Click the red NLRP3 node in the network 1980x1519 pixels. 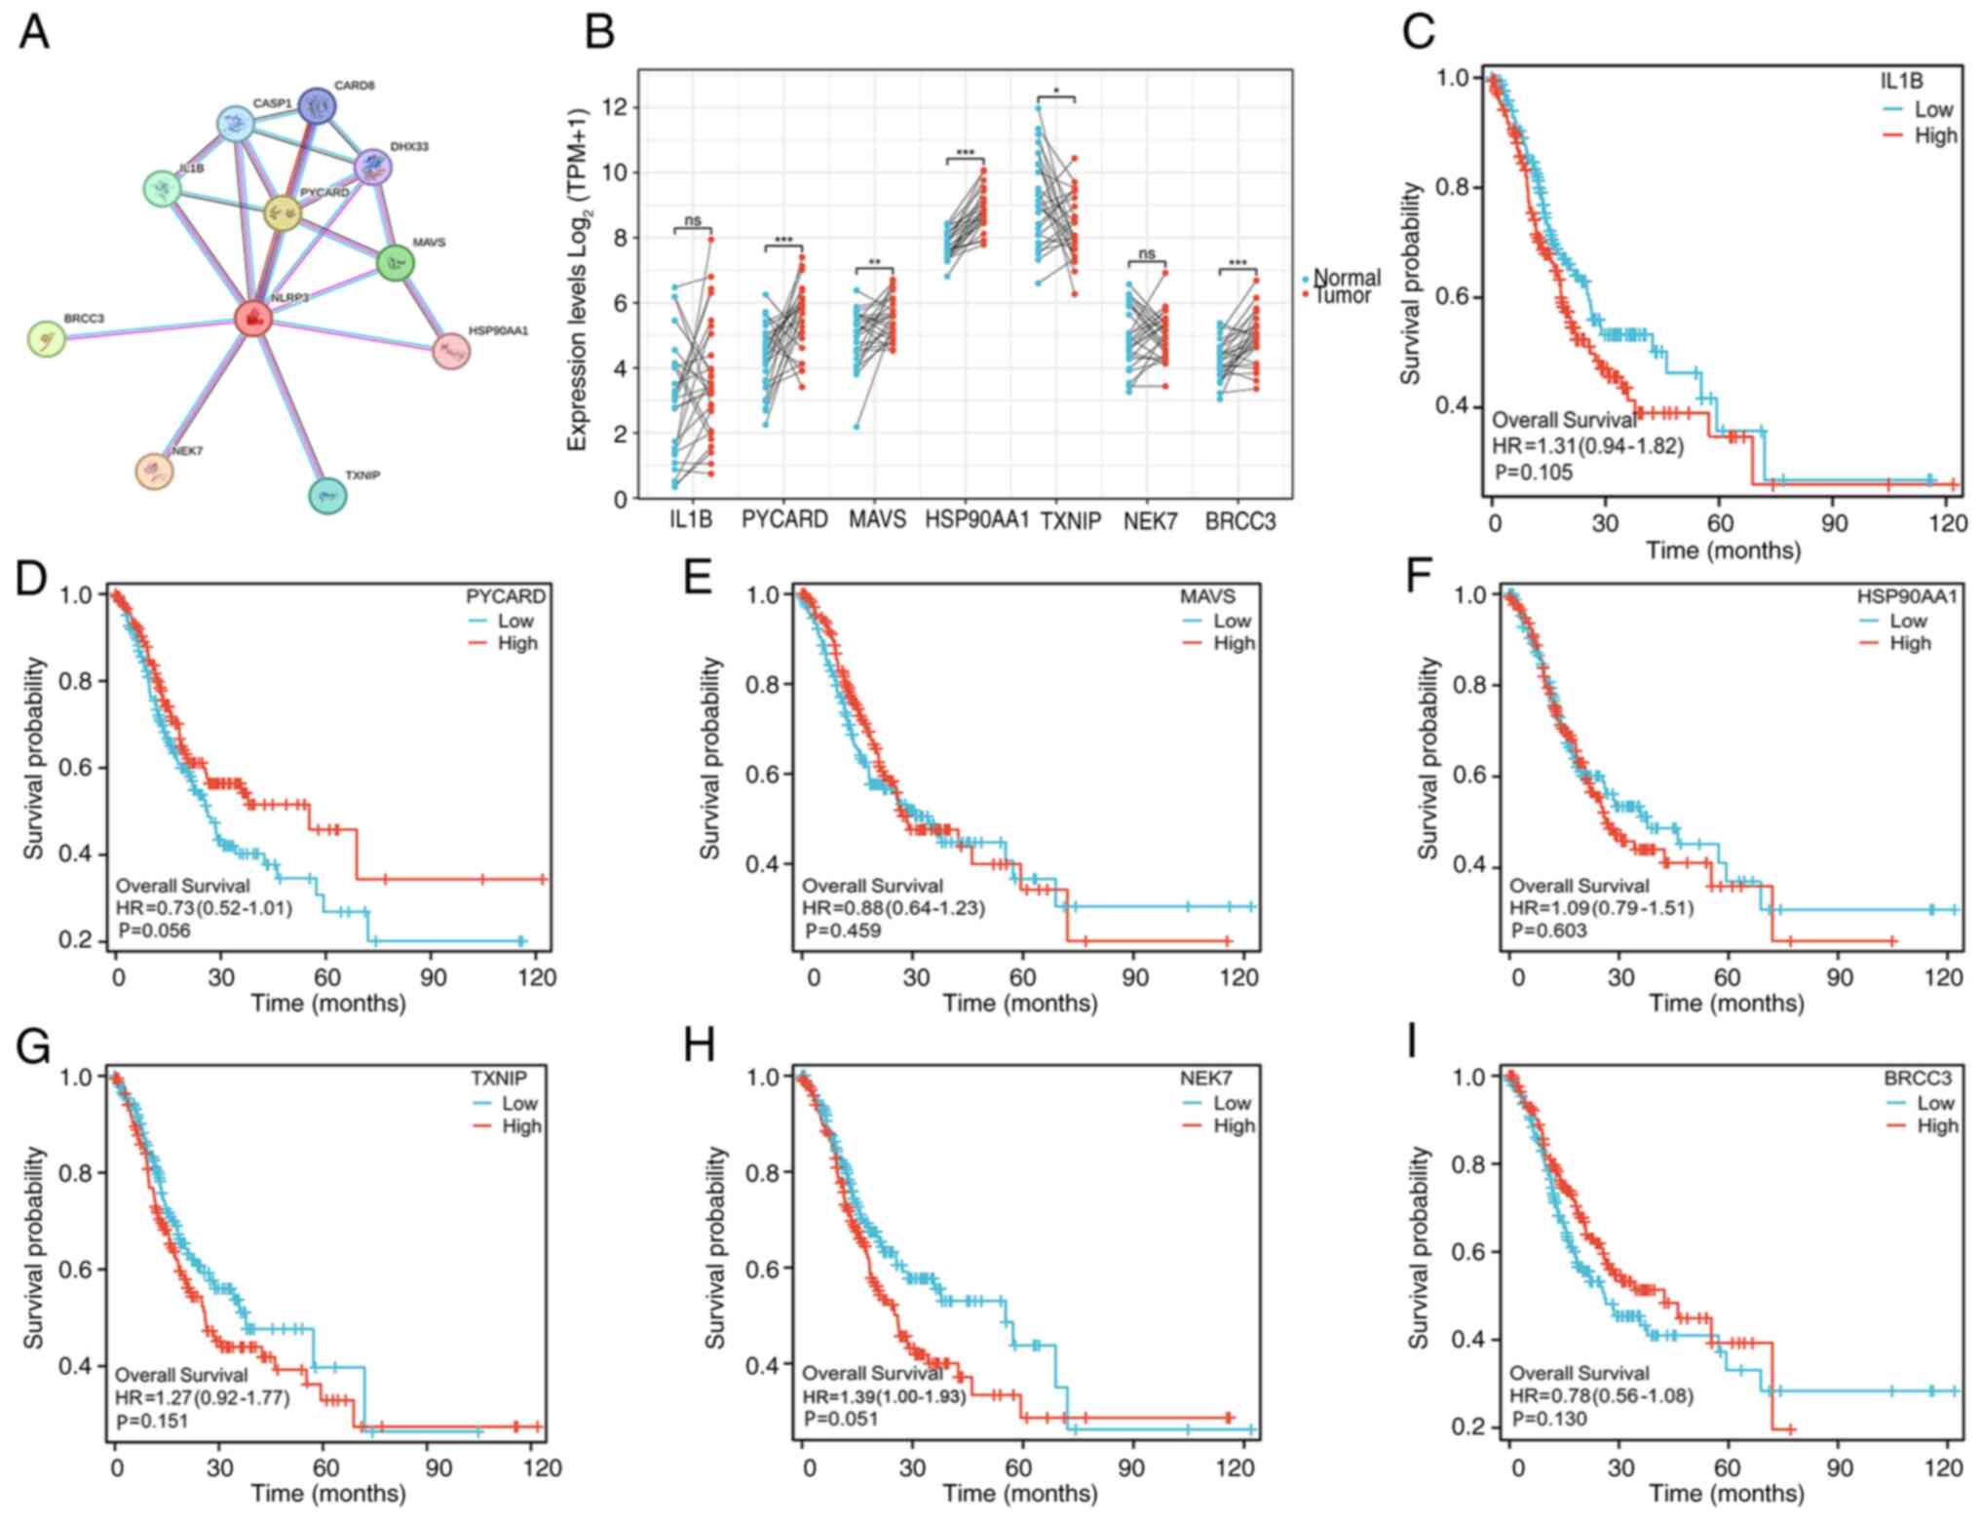(253, 318)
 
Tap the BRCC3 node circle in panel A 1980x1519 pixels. (46, 338)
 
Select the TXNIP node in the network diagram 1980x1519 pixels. (327, 496)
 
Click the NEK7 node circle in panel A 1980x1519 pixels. (154, 472)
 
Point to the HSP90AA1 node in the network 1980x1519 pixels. (451, 351)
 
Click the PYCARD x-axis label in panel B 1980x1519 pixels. (784, 520)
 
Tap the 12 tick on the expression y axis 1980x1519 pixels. (615, 107)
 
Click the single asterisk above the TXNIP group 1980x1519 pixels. (1056, 92)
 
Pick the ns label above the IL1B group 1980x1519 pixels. (693, 221)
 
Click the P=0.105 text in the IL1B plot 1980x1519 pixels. (1534, 473)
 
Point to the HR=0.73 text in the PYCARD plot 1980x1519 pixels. (204, 908)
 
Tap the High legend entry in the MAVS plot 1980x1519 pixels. (1233, 643)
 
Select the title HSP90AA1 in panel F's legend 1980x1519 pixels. (1907, 596)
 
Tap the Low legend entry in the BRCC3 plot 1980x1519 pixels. (1934, 1103)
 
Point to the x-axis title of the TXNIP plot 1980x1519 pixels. (328, 1493)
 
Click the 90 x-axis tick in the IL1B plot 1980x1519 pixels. (1834, 523)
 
